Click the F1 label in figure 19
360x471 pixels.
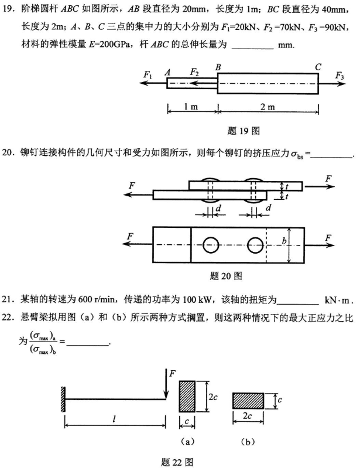point(147,74)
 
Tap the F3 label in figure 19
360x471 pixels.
point(339,74)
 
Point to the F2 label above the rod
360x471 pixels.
point(194,71)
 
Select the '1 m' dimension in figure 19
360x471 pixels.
point(192,107)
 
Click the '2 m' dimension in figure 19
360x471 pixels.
point(268,107)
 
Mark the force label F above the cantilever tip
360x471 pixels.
point(173,373)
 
